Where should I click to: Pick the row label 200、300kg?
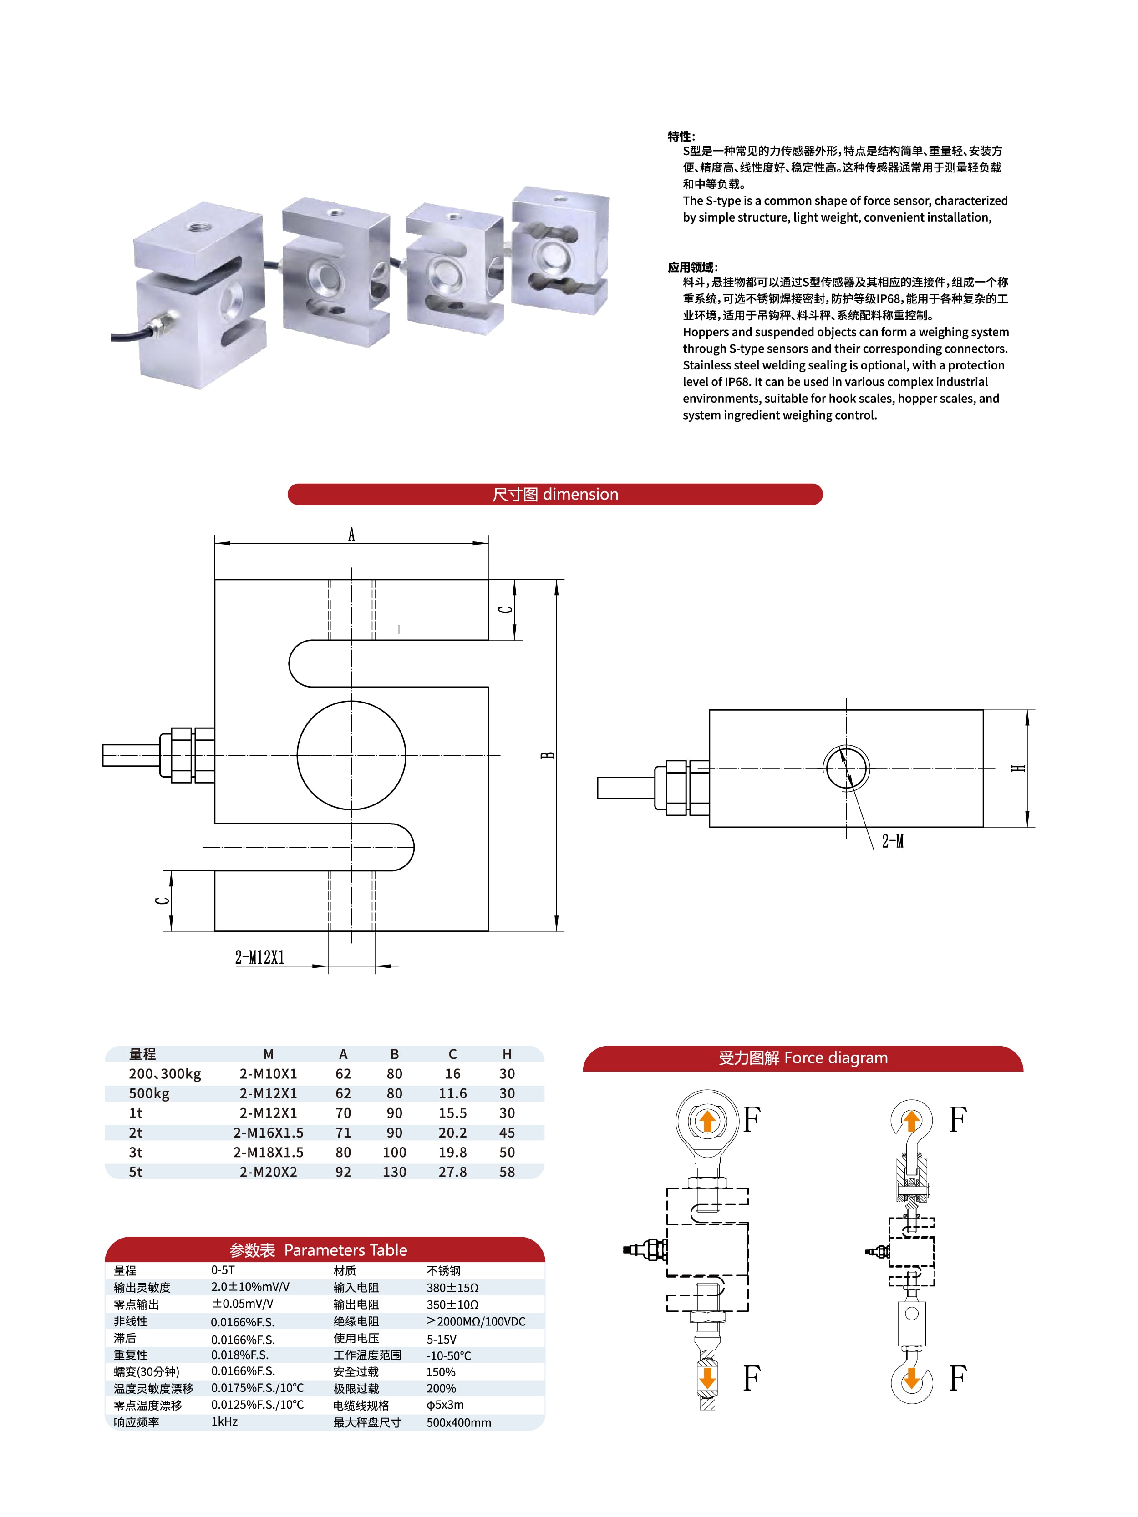165,1074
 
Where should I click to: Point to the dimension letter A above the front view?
352,534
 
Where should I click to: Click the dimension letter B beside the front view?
548,755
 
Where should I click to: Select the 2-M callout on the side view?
893,841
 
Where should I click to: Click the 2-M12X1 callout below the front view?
260,957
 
